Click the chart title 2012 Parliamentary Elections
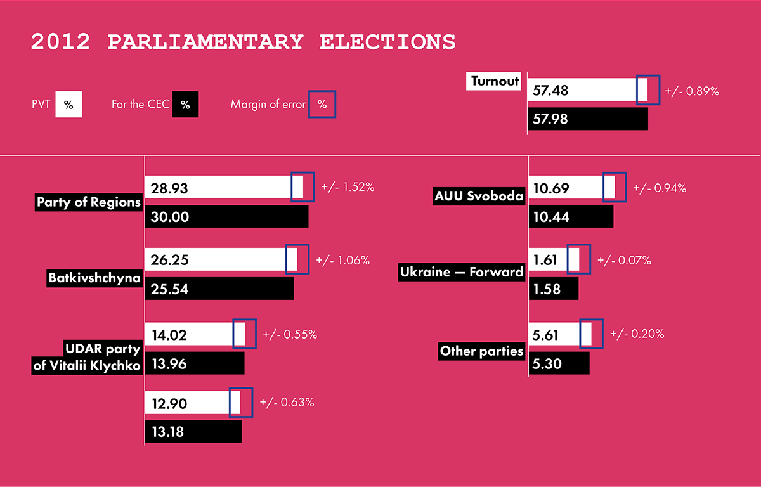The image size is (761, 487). coord(243,42)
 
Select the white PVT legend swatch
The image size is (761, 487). coord(68,105)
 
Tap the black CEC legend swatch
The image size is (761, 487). coord(185,105)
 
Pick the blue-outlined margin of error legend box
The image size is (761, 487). coord(322,105)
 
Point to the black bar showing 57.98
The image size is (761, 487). coord(588,119)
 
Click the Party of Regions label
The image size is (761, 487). coord(88,203)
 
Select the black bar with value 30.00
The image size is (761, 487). coord(227,216)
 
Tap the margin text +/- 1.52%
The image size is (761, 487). coord(348,188)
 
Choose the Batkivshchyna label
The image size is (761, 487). coord(94,278)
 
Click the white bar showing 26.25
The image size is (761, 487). coord(216,259)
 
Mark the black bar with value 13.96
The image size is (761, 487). coord(195,364)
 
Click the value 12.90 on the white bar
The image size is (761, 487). coord(169,403)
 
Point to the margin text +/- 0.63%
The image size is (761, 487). coord(287,402)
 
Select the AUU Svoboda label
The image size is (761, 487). coord(479,196)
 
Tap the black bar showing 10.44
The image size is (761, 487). coord(571,216)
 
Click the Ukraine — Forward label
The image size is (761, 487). coord(461,272)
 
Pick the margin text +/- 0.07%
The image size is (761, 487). coord(624,260)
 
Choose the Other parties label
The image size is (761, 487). coord(481,351)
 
